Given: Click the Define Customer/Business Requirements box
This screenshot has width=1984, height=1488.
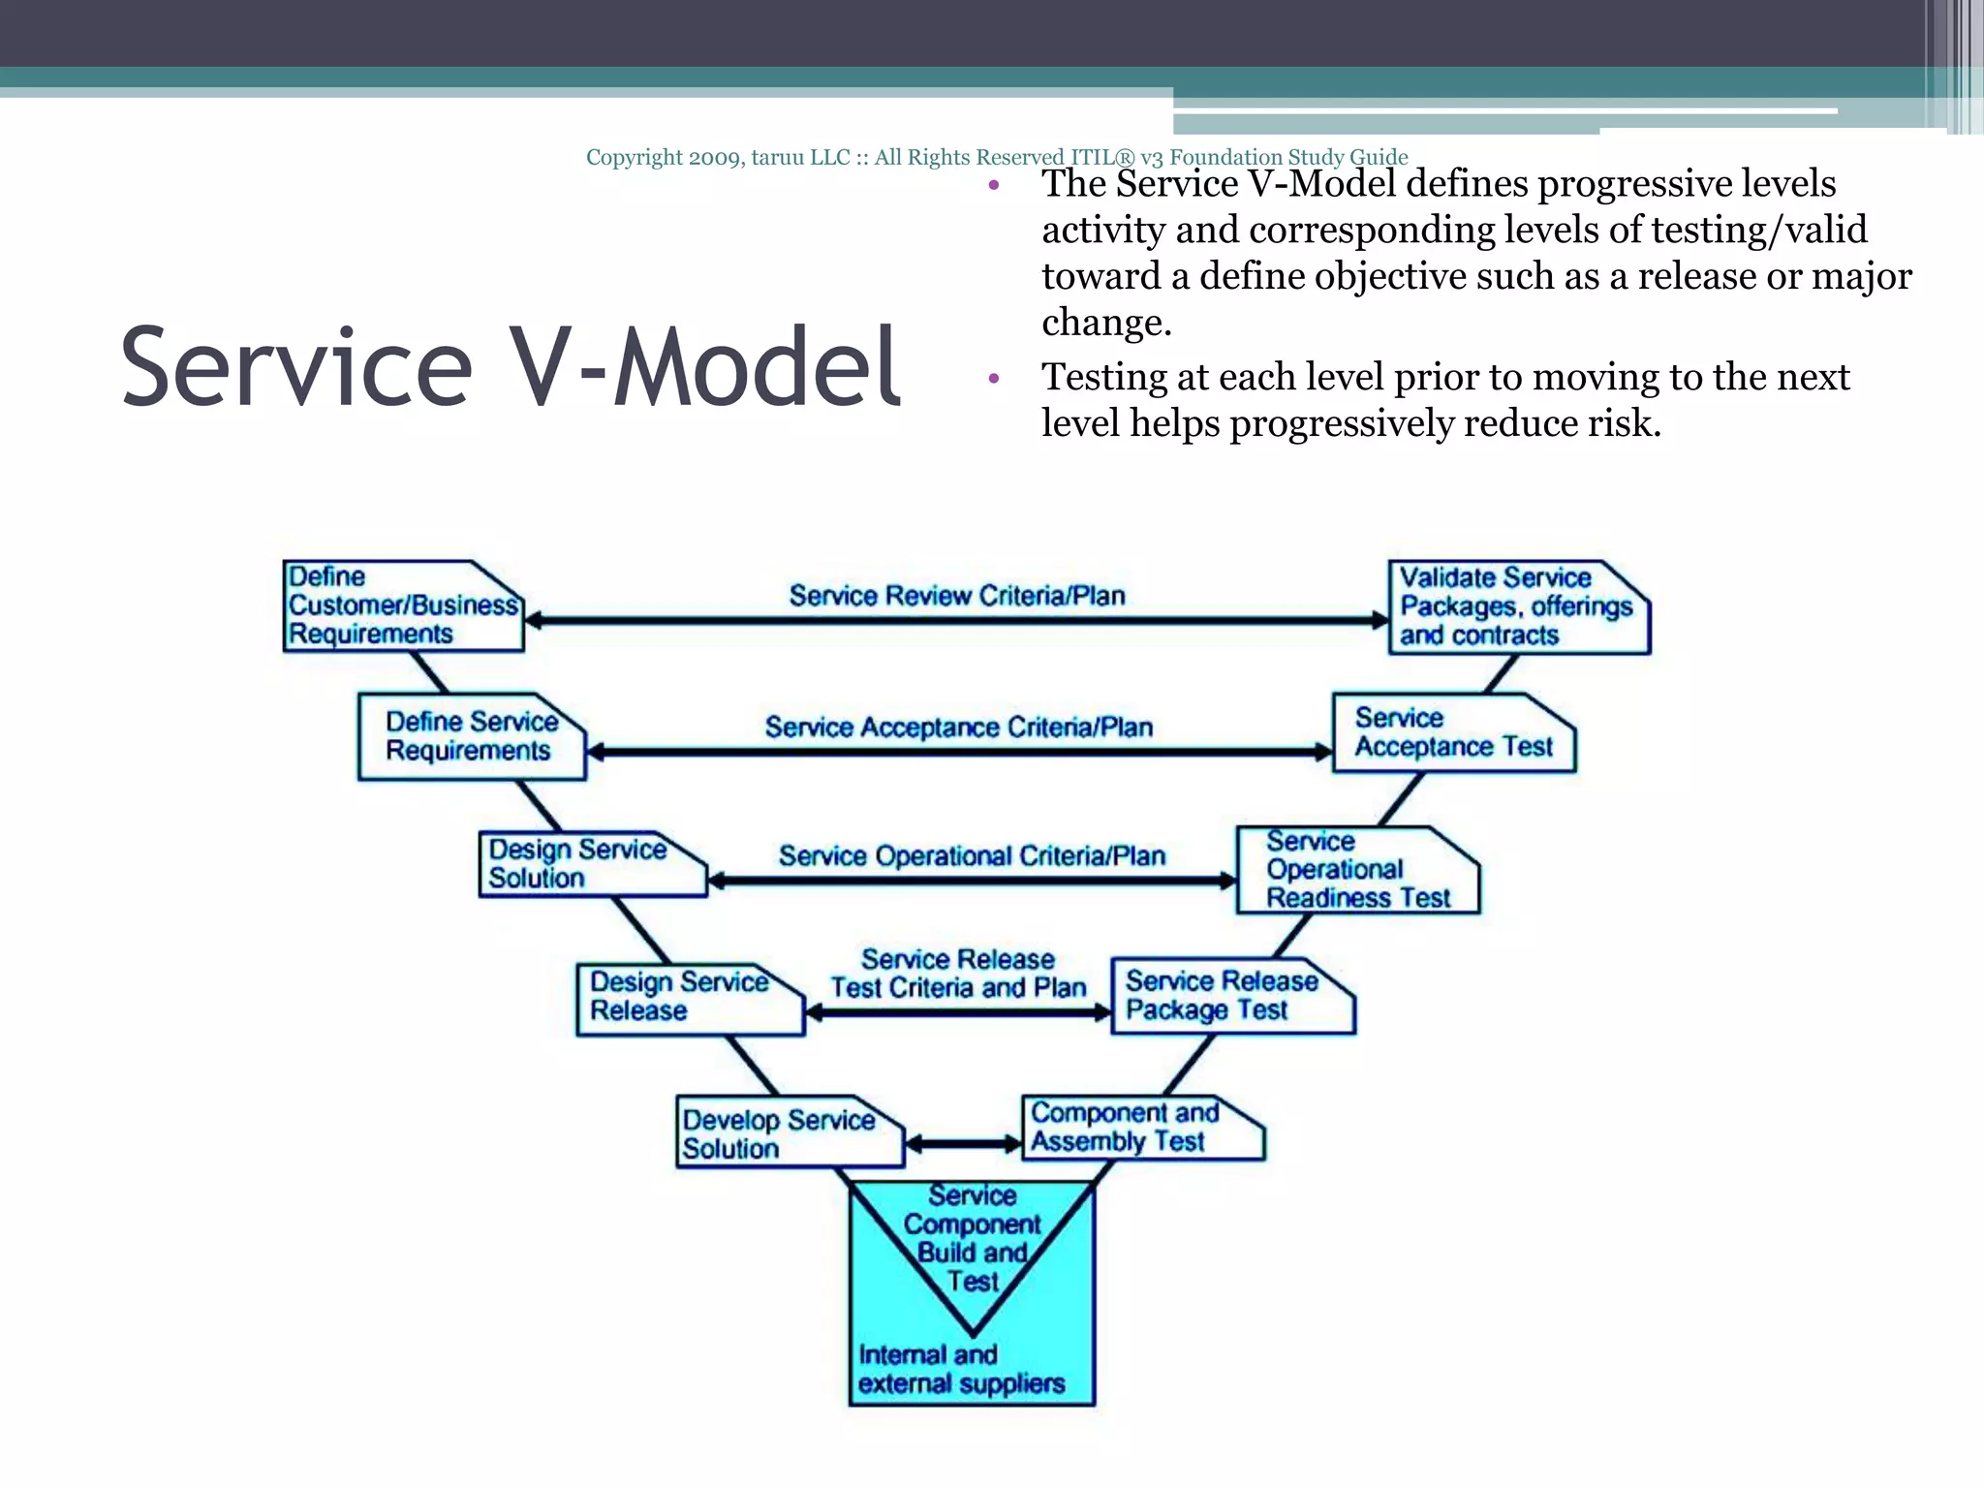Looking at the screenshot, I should pyautogui.click(x=402, y=606).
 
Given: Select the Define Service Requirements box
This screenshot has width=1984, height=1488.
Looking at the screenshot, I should pyautogui.click(x=471, y=737).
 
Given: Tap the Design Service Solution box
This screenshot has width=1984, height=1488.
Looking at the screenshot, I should pyautogui.click(x=590, y=864).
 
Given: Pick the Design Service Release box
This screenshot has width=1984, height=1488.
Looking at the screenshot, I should pyautogui.click(x=689, y=998).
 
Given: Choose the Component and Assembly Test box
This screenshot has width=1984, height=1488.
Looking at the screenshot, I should pyautogui.click(x=1141, y=1129).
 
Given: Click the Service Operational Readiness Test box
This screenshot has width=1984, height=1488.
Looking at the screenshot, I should pyautogui.click(x=1356, y=870).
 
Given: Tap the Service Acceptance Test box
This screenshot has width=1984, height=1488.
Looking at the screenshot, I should pyautogui.click(x=1452, y=733).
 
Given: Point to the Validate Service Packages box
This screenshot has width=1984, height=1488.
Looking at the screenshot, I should pyautogui.click(x=1517, y=607).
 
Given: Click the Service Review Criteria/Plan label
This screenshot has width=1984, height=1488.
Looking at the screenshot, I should pyautogui.click(x=956, y=595).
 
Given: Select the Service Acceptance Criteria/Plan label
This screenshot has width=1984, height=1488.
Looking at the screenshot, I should pyautogui.click(x=958, y=727).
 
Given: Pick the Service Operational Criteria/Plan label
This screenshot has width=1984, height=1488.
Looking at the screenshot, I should pyautogui.click(x=972, y=855).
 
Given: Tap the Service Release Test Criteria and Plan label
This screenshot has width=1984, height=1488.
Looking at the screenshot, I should pyautogui.click(x=958, y=974).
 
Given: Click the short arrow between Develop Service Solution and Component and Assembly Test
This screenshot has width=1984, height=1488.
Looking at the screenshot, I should pyautogui.click(x=963, y=1144).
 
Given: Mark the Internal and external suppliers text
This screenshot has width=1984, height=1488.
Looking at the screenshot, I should pyautogui.click(x=961, y=1369).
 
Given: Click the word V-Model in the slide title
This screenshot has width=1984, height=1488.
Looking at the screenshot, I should pyautogui.click(x=706, y=367).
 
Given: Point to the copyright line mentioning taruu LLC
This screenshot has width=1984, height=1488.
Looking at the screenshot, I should pyautogui.click(x=996, y=157).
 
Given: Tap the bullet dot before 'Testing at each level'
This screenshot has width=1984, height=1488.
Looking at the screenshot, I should pyautogui.click(x=993, y=379).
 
